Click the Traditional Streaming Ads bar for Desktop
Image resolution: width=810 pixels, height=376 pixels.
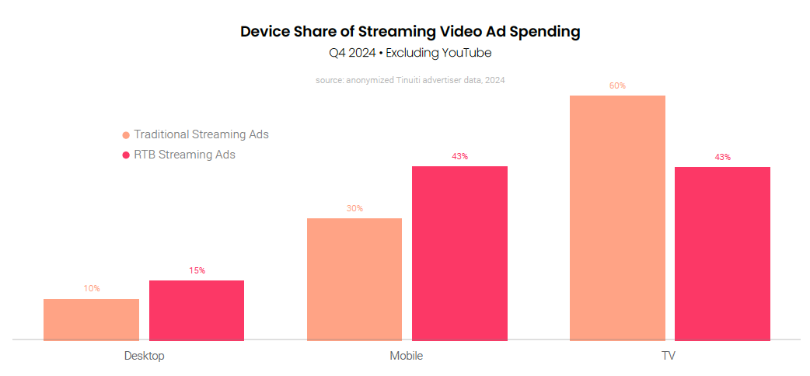(91, 319)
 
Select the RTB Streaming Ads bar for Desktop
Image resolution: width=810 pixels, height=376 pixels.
(197, 310)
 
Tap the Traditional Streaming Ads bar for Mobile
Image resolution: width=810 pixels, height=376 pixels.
(354, 279)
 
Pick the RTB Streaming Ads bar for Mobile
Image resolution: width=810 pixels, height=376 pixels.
(459, 253)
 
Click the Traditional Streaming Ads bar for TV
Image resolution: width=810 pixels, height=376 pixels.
(617, 218)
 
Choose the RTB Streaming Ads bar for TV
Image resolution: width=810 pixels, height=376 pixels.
(722, 253)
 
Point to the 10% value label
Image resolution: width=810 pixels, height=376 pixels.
(92, 288)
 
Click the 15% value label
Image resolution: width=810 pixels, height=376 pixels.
(197, 270)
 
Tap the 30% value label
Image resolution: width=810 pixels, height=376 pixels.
(354, 208)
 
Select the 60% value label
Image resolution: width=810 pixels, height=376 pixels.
(617, 85)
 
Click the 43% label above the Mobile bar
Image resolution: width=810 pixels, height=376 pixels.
(459, 156)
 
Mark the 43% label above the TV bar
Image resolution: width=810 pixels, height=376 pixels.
(722, 157)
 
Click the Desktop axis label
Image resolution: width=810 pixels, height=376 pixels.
(144, 356)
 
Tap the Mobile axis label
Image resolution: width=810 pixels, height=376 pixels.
(407, 356)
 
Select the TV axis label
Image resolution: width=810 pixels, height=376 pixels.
(669, 356)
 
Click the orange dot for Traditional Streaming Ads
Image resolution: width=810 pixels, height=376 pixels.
(126, 135)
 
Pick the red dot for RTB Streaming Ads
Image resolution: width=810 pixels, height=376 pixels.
(126, 155)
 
